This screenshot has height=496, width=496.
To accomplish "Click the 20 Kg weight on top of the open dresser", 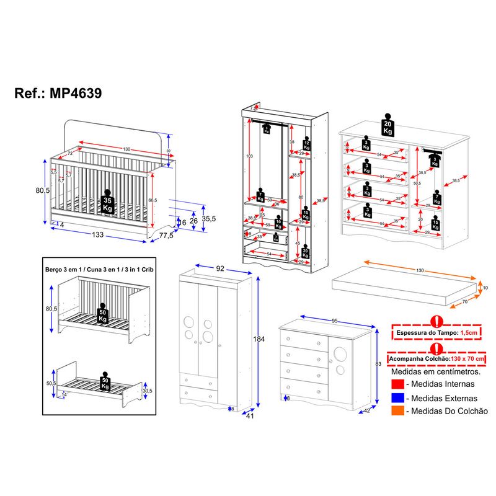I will tap(389, 126).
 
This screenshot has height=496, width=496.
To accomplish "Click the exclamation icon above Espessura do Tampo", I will tap(437, 321).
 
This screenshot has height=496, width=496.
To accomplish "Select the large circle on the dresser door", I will tap(340, 355).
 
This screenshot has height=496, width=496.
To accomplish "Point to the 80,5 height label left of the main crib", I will tap(42, 191).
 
